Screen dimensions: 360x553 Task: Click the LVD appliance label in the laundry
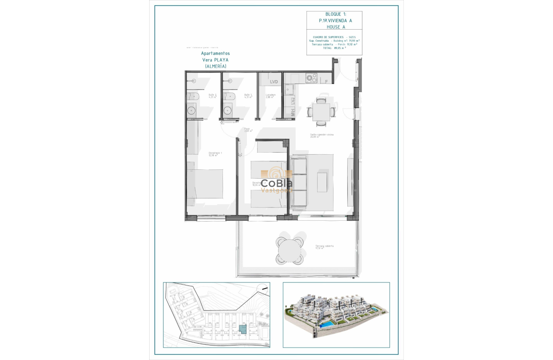(273, 81)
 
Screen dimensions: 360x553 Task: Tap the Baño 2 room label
(213, 96)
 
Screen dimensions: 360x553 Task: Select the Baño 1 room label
(248, 96)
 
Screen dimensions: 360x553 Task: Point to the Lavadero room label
(270, 96)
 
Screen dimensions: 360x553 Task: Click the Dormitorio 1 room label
(215, 154)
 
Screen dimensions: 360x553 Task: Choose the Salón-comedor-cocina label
(322, 135)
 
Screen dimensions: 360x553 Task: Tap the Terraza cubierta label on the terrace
(325, 247)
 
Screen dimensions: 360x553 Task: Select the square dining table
(321, 112)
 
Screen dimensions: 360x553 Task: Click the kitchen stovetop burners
(311, 78)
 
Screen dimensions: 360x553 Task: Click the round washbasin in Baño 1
(227, 111)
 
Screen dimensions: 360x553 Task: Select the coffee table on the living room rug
(322, 182)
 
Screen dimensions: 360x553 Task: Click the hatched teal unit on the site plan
(243, 329)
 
